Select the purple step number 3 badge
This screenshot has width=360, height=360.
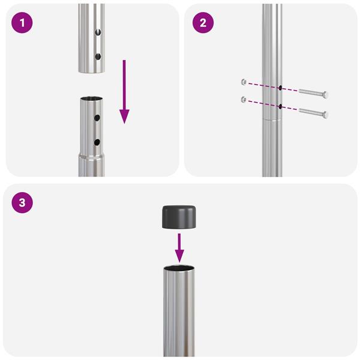click(22, 203)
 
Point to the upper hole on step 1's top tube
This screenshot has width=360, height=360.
click(99, 33)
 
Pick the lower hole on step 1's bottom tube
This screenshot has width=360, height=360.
click(97, 142)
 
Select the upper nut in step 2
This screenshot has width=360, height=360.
click(242, 81)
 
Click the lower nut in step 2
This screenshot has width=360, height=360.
click(242, 99)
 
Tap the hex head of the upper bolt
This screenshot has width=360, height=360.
click(325, 95)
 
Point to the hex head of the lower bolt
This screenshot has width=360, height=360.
click(325, 114)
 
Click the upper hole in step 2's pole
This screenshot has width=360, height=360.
click(280, 88)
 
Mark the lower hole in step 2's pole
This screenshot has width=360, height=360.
click(280, 107)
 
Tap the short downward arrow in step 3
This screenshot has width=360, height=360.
click(179, 247)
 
